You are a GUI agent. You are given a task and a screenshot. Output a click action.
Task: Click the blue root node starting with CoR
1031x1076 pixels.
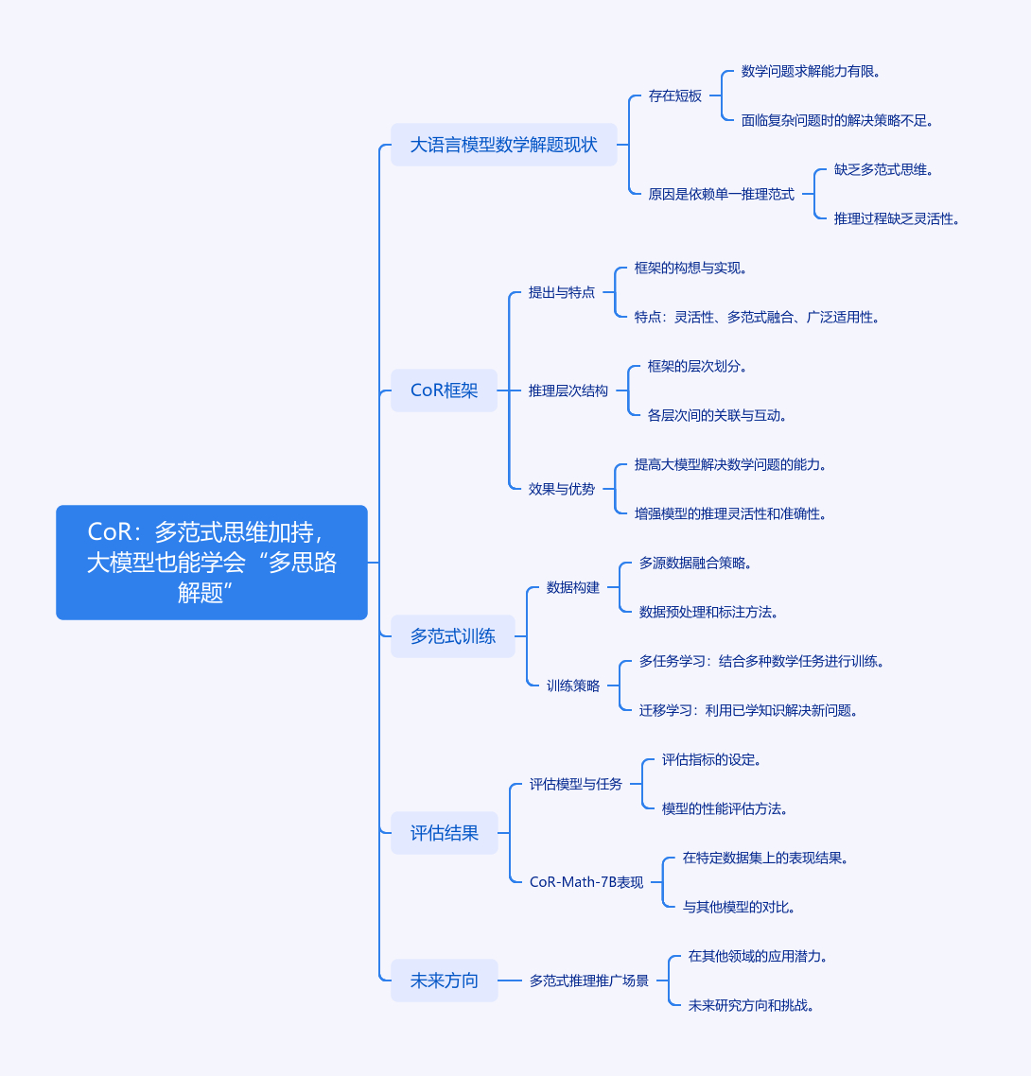(x=212, y=563)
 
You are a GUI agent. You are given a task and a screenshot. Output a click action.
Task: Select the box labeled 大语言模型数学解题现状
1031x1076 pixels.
(x=504, y=145)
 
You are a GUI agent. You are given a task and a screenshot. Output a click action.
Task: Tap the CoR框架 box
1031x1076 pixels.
(x=445, y=390)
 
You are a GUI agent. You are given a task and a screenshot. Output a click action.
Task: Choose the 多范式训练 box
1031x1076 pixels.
(x=453, y=636)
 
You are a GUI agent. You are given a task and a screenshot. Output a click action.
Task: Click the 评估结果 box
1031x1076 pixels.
(x=445, y=833)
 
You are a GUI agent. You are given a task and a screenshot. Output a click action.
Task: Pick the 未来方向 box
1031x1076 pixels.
(x=445, y=981)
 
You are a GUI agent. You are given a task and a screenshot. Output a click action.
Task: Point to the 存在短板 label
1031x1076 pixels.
(x=674, y=96)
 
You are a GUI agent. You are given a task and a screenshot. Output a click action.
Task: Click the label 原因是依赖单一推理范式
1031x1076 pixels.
(x=722, y=194)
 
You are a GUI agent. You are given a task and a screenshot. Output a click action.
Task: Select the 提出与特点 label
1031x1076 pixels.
(x=562, y=292)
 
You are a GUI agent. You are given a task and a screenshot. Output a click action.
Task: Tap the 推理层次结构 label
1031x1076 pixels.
(x=568, y=391)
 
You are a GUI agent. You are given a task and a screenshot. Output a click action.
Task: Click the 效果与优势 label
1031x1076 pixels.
(x=562, y=489)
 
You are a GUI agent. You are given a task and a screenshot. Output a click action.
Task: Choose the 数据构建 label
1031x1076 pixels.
(x=573, y=587)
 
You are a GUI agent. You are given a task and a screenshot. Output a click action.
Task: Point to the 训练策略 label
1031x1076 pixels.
(x=573, y=686)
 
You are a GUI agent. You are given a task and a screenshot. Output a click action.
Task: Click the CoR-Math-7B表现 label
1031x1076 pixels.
(x=586, y=882)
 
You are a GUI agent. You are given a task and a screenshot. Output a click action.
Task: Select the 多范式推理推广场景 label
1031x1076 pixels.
(x=589, y=981)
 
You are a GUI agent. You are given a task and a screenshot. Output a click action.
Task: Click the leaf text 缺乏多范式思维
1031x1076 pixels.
(x=883, y=169)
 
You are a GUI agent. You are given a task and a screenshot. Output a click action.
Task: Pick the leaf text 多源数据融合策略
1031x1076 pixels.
(x=695, y=564)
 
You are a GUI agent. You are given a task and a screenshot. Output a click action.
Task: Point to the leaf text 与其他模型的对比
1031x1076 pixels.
(x=739, y=907)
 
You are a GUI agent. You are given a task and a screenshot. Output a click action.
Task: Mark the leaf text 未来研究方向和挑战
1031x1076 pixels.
(x=751, y=1005)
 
